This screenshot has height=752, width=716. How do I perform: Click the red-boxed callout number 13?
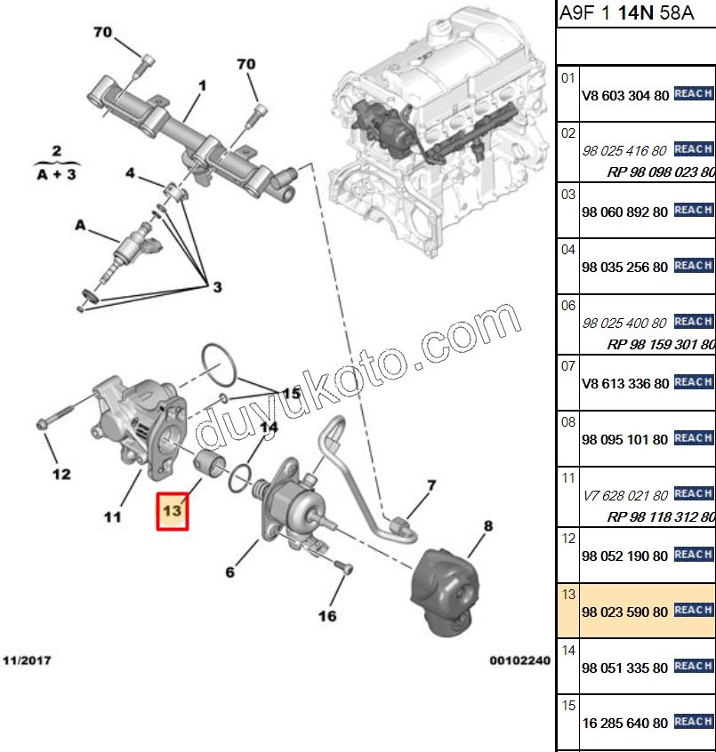[x=172, y=511]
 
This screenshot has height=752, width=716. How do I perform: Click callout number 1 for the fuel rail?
[x=202, y=86]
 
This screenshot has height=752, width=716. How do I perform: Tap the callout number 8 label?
[x=487, y=526]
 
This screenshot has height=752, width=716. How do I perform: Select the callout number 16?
[x=327, y=615]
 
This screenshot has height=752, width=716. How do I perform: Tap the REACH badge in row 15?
[x=693, y=723]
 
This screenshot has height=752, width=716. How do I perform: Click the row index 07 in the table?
[x=568, y=364]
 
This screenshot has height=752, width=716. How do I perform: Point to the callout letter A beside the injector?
[x=80, y=227]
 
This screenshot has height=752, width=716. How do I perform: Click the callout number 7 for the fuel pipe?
[x=431, y=485]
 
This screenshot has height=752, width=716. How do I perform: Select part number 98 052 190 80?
[x=624, y=556]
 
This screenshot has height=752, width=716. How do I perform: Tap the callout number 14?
[x=268, y=428]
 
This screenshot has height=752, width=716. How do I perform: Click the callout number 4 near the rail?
[x=130, y=173]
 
